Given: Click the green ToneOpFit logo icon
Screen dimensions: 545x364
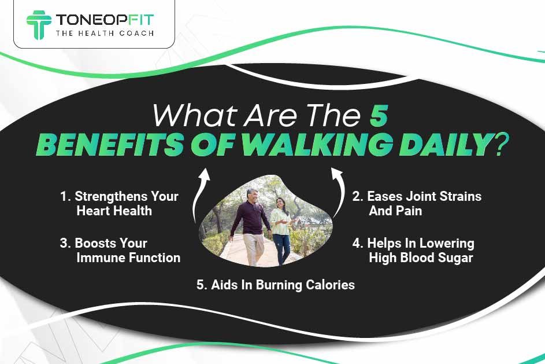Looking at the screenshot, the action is click(39, 24).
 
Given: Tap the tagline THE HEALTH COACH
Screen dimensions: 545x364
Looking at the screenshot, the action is click(105, 34).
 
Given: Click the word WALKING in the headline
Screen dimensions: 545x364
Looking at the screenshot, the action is click(317, 143).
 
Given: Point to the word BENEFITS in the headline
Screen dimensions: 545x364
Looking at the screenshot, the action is click(109, 144).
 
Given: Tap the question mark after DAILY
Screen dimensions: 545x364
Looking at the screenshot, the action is click(498, 144).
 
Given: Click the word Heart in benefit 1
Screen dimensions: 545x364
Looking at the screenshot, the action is click(94, 211).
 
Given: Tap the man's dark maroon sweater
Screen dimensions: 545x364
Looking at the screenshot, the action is click(247, 219).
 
